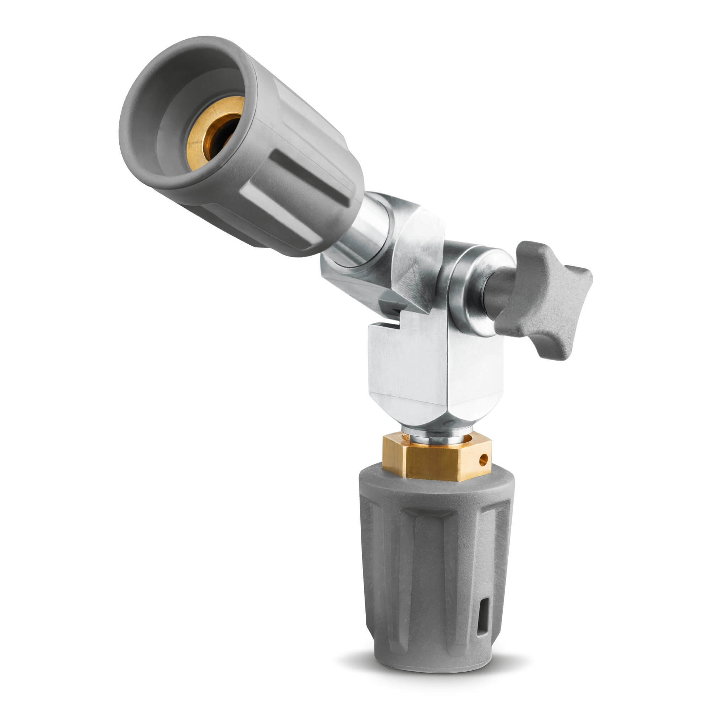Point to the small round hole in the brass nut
484,458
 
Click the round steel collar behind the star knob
467,290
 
